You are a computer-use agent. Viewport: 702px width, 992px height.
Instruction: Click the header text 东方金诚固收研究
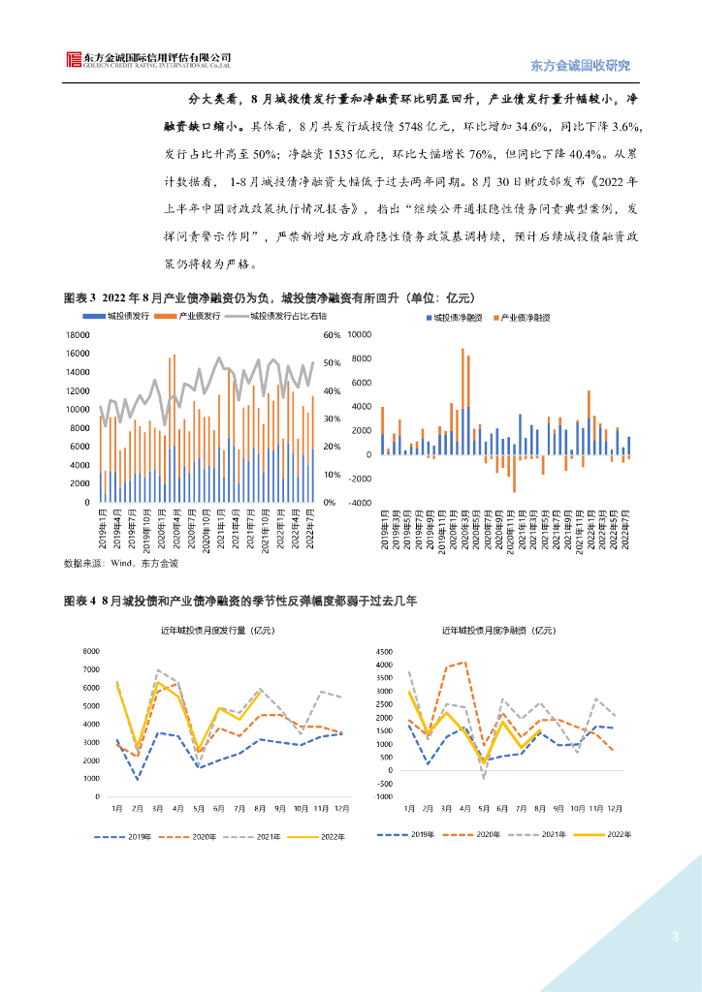coord(581,66)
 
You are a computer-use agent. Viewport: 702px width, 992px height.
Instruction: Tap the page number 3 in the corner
coord(675,937)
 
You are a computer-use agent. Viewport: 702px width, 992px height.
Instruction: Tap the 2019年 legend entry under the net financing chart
coord(413,834)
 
